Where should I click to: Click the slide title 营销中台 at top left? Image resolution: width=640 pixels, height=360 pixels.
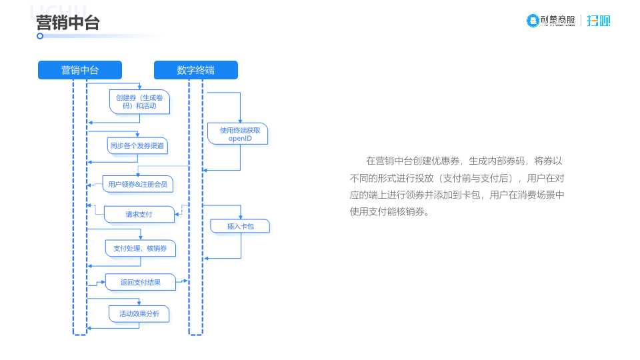point(67,23)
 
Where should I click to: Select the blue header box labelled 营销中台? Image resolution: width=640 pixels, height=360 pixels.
point(80,70)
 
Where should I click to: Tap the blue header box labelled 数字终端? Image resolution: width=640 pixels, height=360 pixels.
point(195,70)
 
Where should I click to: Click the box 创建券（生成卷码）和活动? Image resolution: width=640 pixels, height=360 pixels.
point(140,101)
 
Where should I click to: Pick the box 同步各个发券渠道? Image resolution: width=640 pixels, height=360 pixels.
point(137,145)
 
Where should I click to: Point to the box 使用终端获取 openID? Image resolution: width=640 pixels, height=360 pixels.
point(239,134)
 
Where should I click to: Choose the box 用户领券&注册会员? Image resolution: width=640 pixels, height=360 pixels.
point(138,183)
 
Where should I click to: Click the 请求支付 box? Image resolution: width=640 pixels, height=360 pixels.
point(139,215)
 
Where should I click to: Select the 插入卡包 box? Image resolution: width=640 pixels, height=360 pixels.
point(240,227)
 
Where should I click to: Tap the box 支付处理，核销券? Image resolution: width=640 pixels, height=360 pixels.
point(140,248)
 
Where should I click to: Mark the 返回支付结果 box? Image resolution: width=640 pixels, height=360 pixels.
point(140,282)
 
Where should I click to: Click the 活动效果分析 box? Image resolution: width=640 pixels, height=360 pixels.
point(139,313)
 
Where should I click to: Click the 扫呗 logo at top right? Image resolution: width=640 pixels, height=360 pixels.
point(599,21)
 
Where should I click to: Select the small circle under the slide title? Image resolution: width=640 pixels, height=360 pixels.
point(40,36)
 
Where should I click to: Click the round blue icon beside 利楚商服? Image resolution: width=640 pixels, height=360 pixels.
point(533,21)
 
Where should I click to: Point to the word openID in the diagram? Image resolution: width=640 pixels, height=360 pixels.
point(239,138)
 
